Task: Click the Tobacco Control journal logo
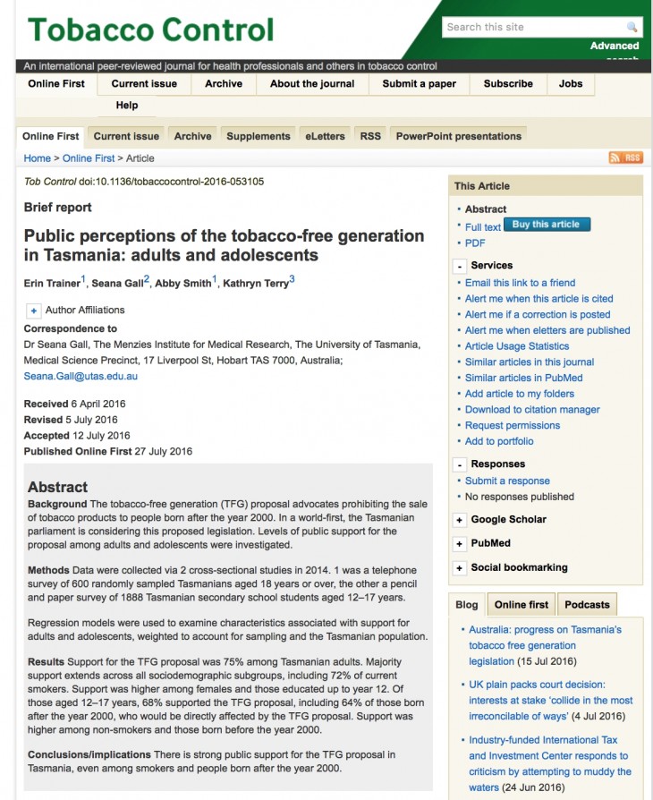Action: (x=150, y=29)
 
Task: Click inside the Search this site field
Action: (x=533, y=27)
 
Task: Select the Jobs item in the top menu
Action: (x=571, y=84)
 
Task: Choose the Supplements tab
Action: (x=258, y=136)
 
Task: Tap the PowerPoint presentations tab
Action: (x=458, y=136)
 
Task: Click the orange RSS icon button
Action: (x=625, y=157)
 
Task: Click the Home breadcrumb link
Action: (x=38, y=158)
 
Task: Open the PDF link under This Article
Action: (x=475, y=243)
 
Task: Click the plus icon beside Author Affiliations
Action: (x=34, y=311)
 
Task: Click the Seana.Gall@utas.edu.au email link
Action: (x=81, y=377)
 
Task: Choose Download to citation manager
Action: (x=532, y=410)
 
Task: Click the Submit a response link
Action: (x=507, y=481)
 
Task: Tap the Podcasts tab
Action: (x=587, y=604)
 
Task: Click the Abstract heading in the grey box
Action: (x=57, y=487)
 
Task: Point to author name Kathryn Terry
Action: (x=256, y=284)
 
